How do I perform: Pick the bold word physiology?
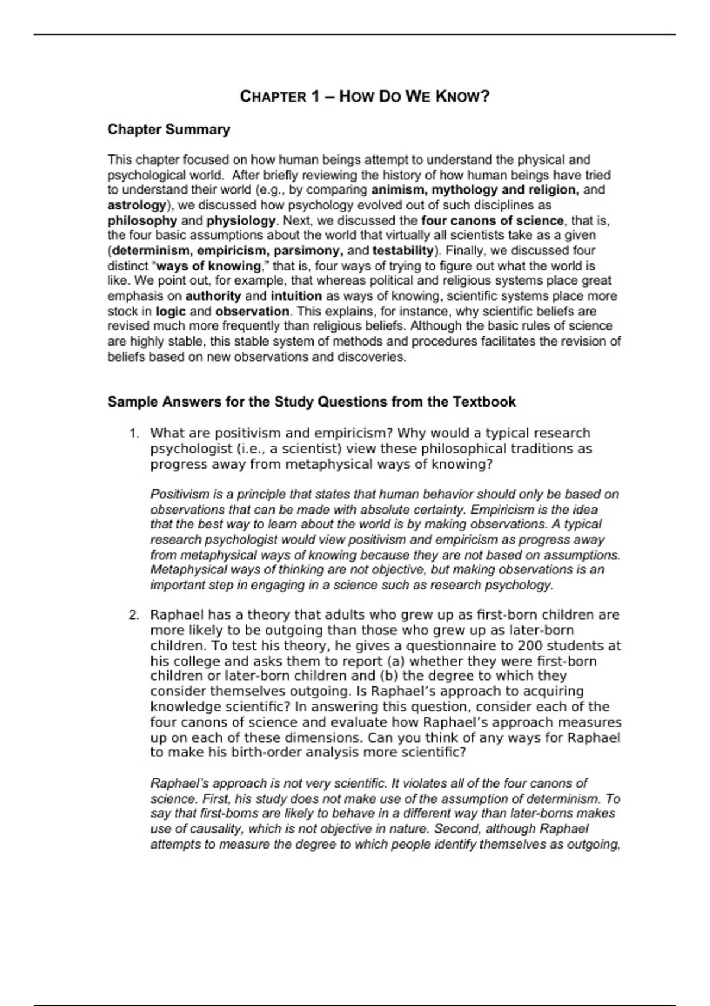click(241, 221)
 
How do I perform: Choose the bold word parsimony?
click(308, 250)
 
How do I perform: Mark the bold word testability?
click(403, 250)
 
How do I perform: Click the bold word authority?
click(213, 296)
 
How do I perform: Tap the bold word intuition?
click(296, 296)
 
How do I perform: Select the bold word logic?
click(170, 311)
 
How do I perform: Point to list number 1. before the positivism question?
click(134, 433)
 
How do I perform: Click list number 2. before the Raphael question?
click(134, 615)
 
